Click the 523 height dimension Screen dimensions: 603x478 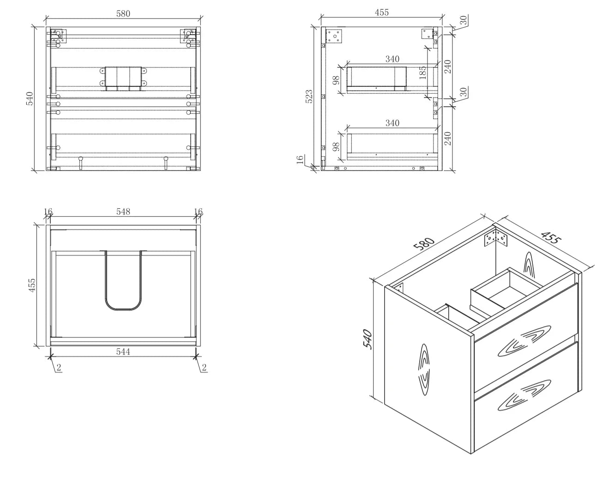click(309, 96)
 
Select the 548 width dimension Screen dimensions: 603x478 click(123, 212)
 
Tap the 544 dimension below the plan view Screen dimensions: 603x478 click(123, 351)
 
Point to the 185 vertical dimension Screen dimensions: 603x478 click(422, 73)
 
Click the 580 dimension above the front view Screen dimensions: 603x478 click(123, 14)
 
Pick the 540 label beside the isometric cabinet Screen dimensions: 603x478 click(368, 339)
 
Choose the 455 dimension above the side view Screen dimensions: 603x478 click(382, 12)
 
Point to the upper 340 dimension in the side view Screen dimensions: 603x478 click(392, 59)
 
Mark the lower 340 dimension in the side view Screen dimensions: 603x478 click(392, 123)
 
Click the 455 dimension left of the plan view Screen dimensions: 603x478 click(32, 285)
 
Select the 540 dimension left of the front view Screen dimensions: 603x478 click(30, 98)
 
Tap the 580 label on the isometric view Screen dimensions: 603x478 click(424, 243)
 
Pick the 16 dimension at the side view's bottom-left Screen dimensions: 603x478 click(300, 159)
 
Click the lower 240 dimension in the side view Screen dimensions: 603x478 click(448, 139)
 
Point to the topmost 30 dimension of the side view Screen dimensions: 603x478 click(464, 20)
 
